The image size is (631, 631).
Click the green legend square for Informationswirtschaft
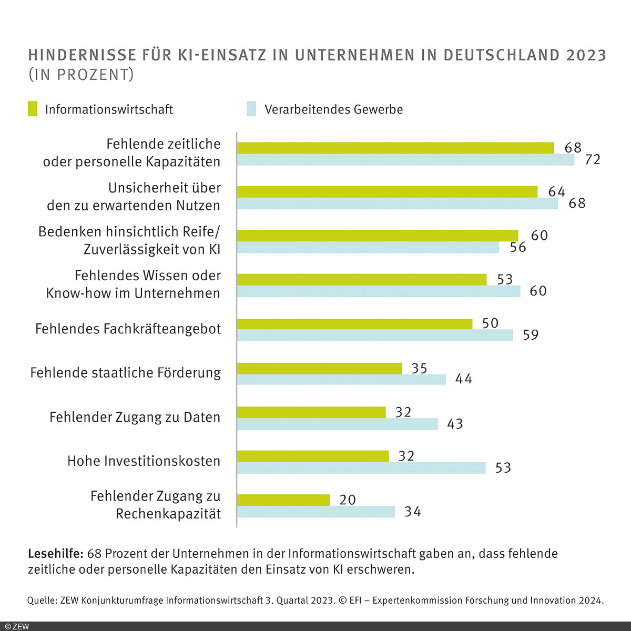(33, 109)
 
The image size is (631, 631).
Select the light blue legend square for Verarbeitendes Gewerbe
(251, 109)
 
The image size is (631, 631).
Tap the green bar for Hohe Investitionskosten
(313, 456)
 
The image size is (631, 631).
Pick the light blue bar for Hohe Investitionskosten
(361, 468)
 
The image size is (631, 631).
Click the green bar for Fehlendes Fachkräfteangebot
(354, 324)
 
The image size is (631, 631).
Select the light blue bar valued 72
(405, 160)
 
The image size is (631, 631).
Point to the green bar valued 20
(283, 500)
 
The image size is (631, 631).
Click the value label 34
(413, 512)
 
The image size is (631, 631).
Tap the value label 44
(464, 379)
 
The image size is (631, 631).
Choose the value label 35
(419, 369)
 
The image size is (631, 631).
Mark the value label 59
(531, 335)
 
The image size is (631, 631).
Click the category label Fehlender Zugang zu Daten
(135, 418)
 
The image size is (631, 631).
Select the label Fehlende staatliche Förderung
(126, 373)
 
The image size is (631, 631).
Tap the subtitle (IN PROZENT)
(81, 75)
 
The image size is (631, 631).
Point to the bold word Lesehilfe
(55, 554)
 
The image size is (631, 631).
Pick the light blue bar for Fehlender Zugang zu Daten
(337, 424)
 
